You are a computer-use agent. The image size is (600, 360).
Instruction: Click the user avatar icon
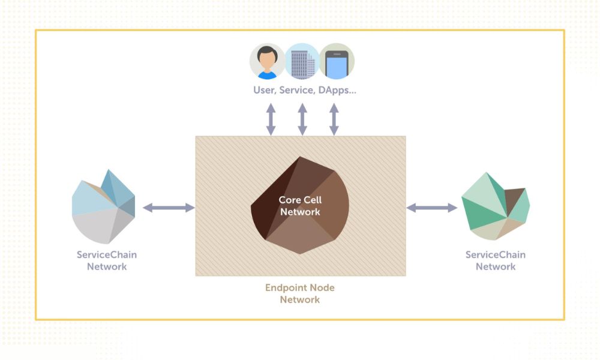(267, 61)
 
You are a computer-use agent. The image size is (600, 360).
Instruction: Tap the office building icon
(302, 61)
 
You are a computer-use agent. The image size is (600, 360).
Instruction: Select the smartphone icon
(337, 61)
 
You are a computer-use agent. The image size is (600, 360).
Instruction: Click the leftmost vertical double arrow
(271, 119)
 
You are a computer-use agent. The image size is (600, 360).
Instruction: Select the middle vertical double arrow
(302, 119)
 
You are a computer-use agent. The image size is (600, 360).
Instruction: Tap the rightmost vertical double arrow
(334, 119)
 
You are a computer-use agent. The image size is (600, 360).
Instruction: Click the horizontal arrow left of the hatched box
(169, 208)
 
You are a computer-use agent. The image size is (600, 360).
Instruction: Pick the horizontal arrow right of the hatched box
(432, 208)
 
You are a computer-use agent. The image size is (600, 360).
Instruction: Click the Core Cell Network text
(299, 205)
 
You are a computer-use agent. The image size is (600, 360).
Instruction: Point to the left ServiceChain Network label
(107, 260)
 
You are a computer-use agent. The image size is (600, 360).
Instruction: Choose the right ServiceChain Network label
(496, 260)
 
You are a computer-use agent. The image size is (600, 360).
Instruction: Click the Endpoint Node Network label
(300, 293)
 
